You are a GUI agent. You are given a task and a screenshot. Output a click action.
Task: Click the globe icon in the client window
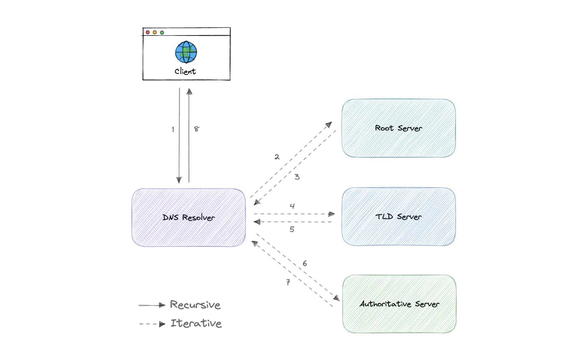(x=186, y=52)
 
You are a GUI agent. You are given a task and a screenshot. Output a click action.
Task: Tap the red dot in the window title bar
(x=148, y=32)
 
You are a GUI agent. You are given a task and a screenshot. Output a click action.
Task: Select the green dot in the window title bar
(x=162, y=33)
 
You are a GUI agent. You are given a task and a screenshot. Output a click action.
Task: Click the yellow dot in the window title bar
(x=155, y=32)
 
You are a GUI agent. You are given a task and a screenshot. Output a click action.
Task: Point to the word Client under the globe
(x=185, y=71)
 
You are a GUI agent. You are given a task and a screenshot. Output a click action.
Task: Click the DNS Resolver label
(x=189, y=217)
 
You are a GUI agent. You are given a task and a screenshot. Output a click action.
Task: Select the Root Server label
(x=398, y=128)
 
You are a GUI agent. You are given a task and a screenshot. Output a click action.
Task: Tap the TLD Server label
(x=398, y=217)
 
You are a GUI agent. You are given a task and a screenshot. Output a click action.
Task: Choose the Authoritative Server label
(x=399, y=304)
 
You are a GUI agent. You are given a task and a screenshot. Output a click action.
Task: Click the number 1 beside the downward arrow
(x=173, y=129)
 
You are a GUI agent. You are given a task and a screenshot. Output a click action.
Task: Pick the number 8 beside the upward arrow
(x=196, y=129)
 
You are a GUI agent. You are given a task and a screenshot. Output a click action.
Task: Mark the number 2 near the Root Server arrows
(x=277, y=157)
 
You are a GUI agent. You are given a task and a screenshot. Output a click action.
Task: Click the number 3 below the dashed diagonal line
(x=297, y=177)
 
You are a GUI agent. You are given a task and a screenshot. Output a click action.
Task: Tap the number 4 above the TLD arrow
(x=292, y=206)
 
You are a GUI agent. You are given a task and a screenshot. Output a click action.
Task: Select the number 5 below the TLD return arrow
(x=292, y=229)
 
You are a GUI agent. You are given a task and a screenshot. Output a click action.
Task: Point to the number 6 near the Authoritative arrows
(x=305, y=263)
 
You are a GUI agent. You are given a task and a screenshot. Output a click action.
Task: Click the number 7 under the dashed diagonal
(x=288, y=282)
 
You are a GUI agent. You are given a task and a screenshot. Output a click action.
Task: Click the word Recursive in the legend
(x=195, y=305)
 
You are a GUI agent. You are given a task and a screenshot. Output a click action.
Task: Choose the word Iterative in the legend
(x=196, y=323)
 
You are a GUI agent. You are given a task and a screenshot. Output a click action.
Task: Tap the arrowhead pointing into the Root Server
(x=329, y=124)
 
